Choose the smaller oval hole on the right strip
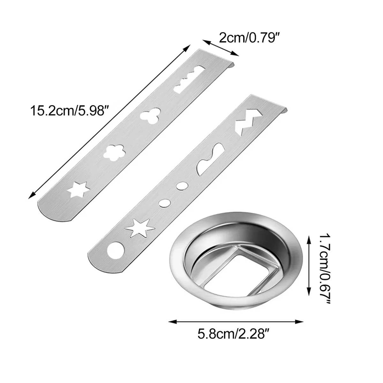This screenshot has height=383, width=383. click(164, 203)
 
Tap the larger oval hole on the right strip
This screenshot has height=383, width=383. click(181, 185)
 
